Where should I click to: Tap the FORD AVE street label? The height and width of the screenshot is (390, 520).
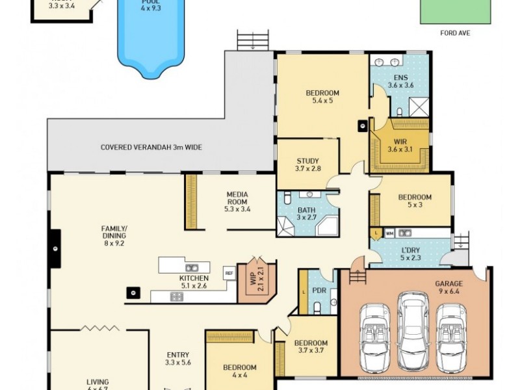[455, 33]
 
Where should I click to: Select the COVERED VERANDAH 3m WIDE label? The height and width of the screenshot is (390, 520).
[151, 148]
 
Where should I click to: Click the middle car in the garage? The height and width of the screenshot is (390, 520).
[412, 329]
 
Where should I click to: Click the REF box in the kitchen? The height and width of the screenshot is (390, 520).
[229, 273]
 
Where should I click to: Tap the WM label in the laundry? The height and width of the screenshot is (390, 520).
[389, 233]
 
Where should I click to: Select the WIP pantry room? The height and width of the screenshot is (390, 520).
[257, 281]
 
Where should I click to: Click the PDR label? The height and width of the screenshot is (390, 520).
[319, 290]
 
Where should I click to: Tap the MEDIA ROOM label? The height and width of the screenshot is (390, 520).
[237, 201]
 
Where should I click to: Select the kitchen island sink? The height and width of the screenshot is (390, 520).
[192, 267]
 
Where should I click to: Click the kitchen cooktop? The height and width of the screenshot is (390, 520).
[177, 296]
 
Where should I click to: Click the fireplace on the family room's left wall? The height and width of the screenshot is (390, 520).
[55, 249]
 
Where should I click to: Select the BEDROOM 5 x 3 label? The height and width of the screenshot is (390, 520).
[414, 201]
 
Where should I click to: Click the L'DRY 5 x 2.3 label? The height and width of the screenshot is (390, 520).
[410, 254]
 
